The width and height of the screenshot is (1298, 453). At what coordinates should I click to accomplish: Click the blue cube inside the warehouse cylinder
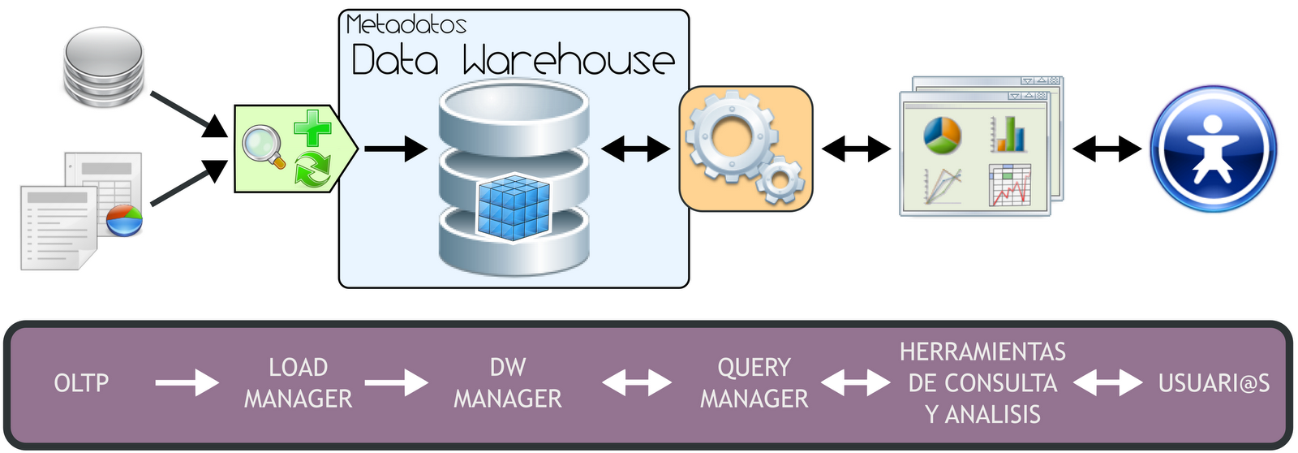pos(514,208)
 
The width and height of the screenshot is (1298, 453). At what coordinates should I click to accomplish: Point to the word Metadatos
pos(406,24)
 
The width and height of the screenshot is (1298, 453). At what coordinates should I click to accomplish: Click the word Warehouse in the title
pos(568,60)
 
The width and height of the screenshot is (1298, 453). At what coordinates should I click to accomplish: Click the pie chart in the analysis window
pos(942,135)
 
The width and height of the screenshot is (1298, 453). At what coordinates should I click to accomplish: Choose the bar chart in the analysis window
pos(1008,134)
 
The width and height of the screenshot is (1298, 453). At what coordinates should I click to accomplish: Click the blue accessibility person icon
pos(1213,149)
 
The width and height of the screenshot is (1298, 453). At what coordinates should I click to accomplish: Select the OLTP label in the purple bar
pos(81,383)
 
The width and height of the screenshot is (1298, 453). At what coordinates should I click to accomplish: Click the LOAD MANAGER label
pos(299,383)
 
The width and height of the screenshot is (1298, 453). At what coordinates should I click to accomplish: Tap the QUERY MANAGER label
pos(754,383)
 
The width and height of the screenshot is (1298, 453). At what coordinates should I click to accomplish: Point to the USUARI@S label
pos(1214,383)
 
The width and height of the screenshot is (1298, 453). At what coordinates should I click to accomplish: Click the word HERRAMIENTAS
pos(982,352)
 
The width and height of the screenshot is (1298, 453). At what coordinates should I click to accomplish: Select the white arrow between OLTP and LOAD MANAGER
pos(187,383)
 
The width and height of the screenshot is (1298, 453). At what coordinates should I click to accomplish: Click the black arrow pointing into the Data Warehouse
pos(396,149)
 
